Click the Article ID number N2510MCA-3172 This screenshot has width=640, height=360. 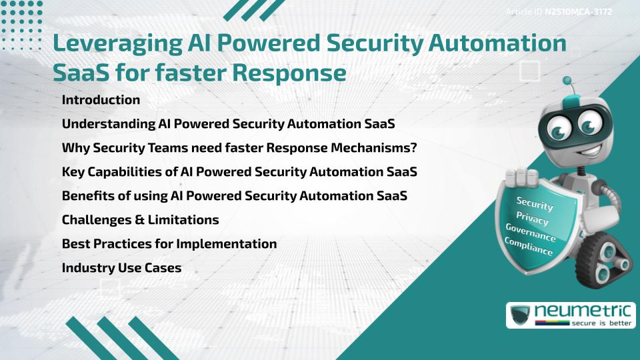coord(579,11)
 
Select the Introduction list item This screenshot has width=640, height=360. coord(101,100)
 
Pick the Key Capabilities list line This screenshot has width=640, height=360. coord(239,172)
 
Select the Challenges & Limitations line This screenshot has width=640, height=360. coord(140,219)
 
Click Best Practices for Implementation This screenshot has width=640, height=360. coord(169,243)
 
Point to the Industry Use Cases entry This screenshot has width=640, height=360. coord(121,267)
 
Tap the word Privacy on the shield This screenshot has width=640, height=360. coord(532,218)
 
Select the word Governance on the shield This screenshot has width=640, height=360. coord(531,233)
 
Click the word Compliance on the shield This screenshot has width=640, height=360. coord(529,247)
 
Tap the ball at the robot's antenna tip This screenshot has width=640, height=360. coord(567,81)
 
